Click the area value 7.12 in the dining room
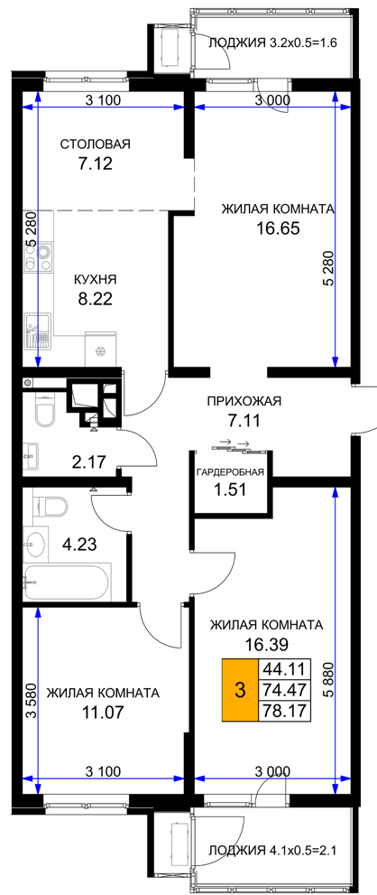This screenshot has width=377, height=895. [96, 164]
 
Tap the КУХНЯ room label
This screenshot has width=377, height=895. [96, 280]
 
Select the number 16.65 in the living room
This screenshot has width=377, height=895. [279, 228]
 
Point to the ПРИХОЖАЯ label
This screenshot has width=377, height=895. [244, 401]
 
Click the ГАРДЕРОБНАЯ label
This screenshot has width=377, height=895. [230, 472]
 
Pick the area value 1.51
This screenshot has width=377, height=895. [230, 489]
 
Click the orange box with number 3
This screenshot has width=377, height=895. [240, 691]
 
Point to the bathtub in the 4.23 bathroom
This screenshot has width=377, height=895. [66, 582]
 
